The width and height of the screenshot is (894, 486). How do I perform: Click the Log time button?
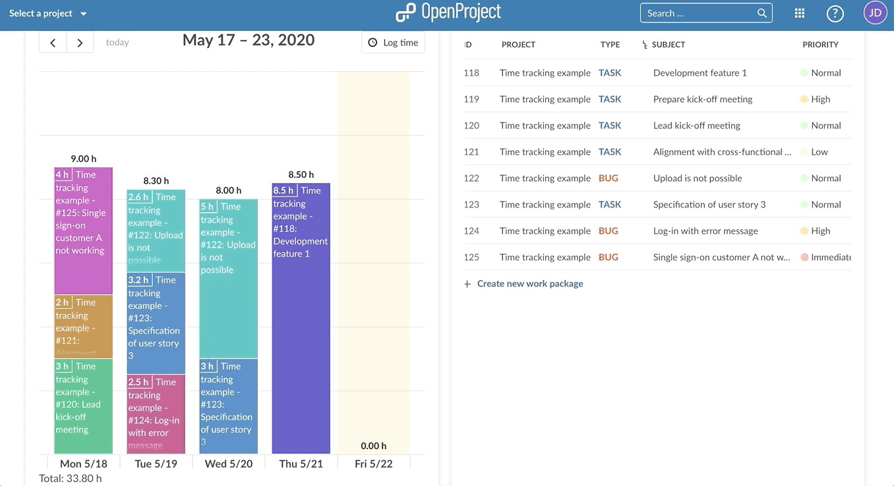pyautogui.click(x=394, y=43)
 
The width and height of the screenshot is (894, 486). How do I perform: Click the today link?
pyautogui.click(x=117, y=43)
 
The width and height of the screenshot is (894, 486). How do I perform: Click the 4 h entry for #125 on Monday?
pyautogui.click(x=83, y=230)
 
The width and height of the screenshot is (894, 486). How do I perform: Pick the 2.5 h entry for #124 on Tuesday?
pyautogui.click(x=156, y=414)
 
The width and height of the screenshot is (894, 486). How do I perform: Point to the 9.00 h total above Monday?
pyautogui.click(x=84, y=159)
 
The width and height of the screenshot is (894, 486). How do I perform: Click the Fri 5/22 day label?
pyautogui.click(x=373, y=464)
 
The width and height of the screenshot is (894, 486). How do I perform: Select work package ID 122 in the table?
pyautogui.click(x=471, y=178)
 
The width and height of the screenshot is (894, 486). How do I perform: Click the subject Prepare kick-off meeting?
pyautogui.click(x=702, y=99)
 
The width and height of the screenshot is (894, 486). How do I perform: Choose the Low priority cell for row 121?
pyautogui.click(x=819, y=152)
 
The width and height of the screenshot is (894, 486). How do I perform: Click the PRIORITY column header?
pyautogui.click(x=820, y=45)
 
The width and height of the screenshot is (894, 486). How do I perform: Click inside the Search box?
pyautogui.click(x=699, y=13)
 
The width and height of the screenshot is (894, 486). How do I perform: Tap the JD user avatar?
pyautogui.click(x=875, y=13)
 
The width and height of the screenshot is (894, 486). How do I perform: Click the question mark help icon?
pyautogui.click(x=835, y=13)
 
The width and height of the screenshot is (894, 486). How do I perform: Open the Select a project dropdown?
pyautogui.click(x=48, y=13)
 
